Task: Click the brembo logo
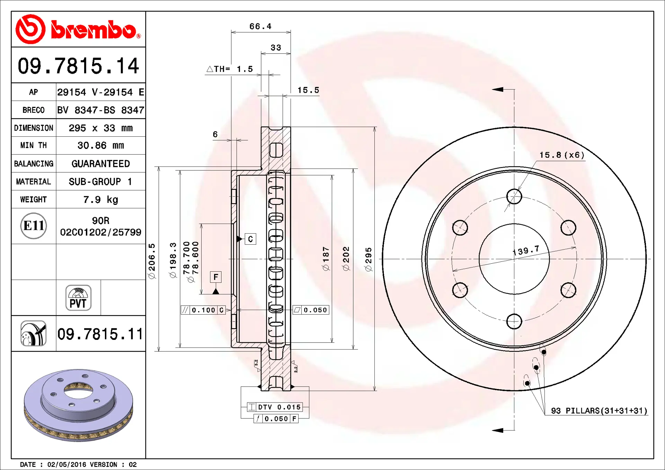[x=78, y=29]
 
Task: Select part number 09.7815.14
[x=78, y=66]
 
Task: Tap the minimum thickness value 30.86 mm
[x=100, y=145]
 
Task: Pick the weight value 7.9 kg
[x=100, y=200]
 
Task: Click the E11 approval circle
[x=34, y=226]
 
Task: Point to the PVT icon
[x=78, y=298]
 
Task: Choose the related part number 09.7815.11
[x=100, y=334]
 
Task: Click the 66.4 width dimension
[x=260, y=26]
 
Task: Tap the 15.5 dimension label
[x=308, y=90]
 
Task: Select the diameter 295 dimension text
[x=369, y=259]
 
